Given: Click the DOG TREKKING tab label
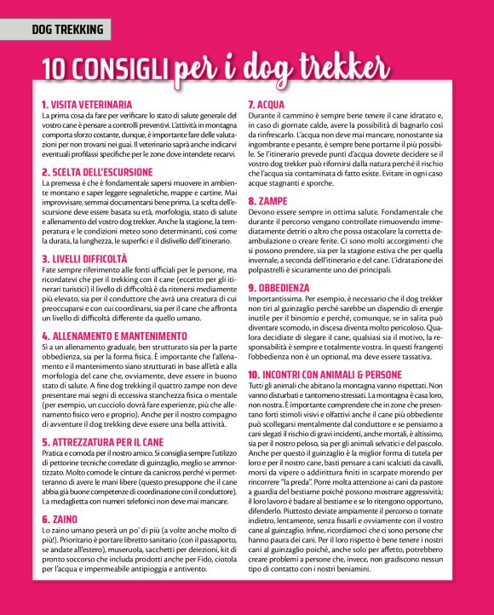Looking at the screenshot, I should tap(67, 31).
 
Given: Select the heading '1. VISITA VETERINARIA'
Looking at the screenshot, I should tap(87, 104).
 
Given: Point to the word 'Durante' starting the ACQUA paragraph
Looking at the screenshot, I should tap(261, 115).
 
